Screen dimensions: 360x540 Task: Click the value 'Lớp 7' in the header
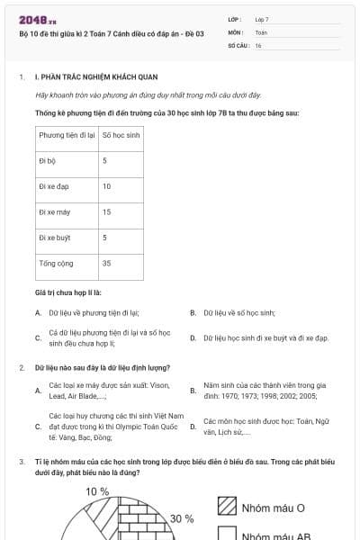[262, 19]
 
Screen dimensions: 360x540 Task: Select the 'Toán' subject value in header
[261, 31]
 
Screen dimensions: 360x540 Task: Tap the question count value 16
[258, 45]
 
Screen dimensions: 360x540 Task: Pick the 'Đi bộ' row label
[48, 160]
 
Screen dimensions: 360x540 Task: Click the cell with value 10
[107, 186]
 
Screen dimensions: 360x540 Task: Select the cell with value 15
[107, 212]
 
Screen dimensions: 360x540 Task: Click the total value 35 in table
[107, 264]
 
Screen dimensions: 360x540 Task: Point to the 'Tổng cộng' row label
[55, 264]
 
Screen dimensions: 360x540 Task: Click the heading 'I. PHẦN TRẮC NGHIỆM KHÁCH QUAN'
[85, 77]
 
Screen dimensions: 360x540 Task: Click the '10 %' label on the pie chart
[97, 492]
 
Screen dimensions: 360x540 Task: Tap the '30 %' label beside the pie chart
[182, 518]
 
